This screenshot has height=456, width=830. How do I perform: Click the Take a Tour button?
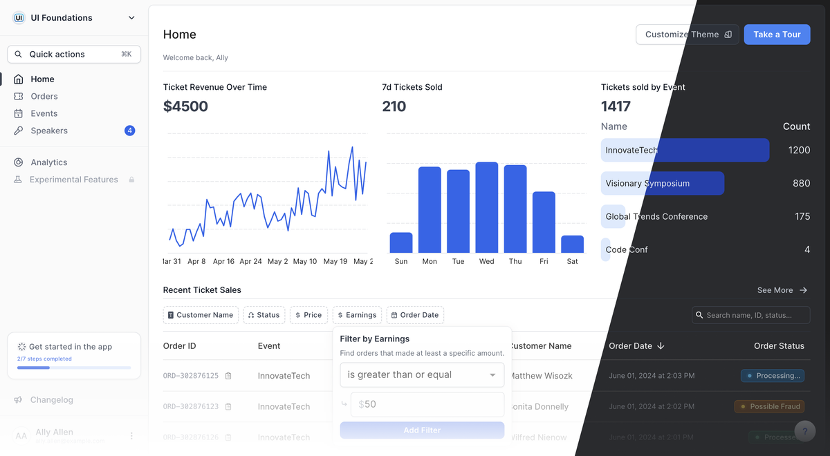777,35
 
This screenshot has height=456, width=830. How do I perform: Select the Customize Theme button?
687,35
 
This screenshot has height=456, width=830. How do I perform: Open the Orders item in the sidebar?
44,96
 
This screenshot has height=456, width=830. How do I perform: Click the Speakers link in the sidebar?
49,131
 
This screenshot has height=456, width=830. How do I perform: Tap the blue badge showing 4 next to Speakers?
129,131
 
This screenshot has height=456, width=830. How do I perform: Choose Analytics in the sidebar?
49,162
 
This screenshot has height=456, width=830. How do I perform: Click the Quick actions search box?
74,54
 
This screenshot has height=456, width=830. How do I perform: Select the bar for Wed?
487,207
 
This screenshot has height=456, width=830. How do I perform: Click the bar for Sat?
572,244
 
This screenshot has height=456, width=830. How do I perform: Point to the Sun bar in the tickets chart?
401,243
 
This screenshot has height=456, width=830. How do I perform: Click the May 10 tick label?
304,261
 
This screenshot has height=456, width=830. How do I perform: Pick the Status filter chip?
264,315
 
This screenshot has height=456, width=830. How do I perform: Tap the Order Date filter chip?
415,315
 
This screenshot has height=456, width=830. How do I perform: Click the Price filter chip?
308,315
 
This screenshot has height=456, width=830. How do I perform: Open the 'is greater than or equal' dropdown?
422,374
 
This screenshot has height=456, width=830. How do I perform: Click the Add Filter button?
422,430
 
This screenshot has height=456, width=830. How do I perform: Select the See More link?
782,290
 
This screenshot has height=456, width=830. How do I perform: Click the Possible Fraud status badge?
771,406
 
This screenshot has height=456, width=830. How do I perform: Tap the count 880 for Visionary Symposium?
801,183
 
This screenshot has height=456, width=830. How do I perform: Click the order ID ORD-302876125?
191,376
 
